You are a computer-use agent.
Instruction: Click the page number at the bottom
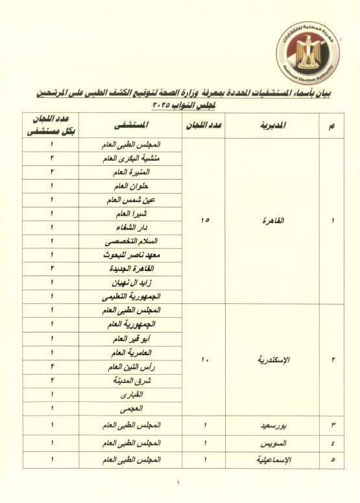point(180,482)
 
